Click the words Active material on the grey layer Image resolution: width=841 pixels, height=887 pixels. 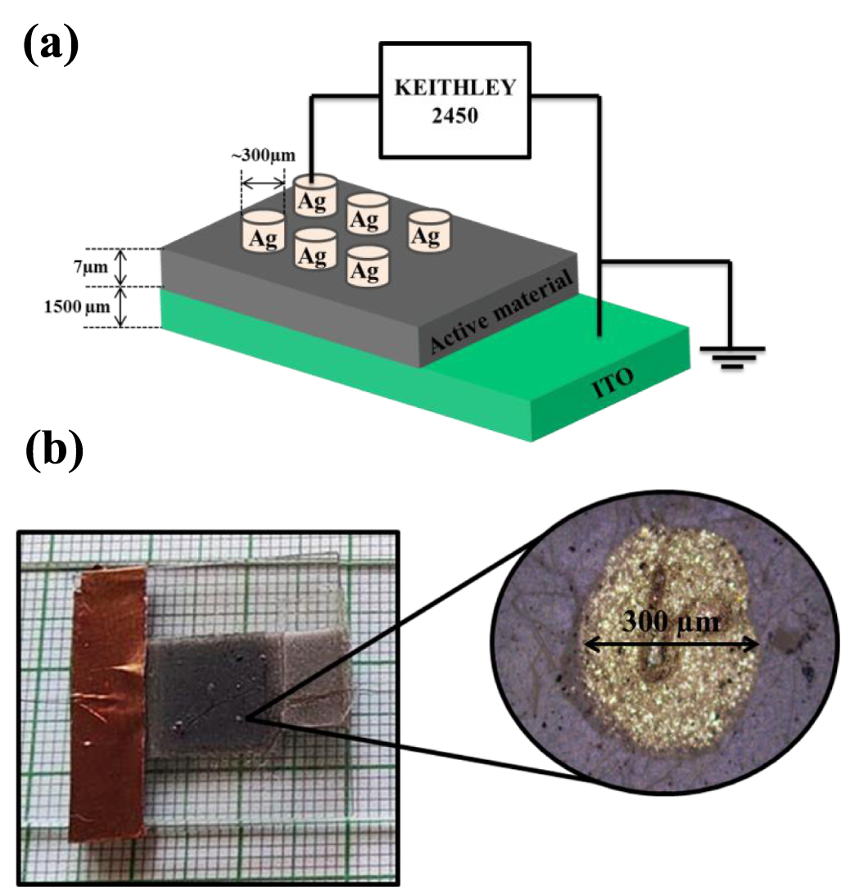[x=500, y=315]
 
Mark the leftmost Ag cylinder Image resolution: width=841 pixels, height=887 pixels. [x=262, y=233]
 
